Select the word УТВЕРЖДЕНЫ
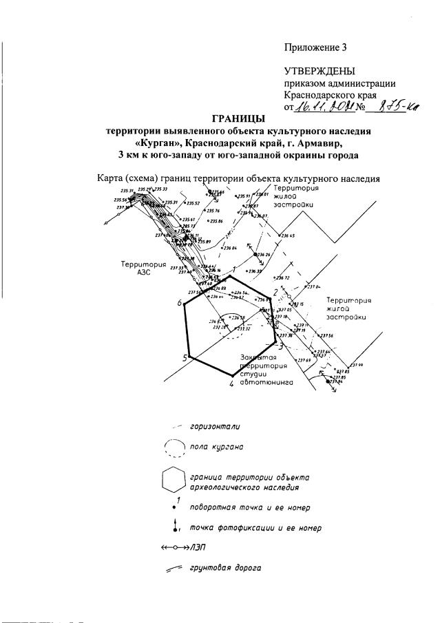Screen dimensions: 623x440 click(x=319, y=72)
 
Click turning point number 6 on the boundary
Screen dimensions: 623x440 click(x=179, y=304)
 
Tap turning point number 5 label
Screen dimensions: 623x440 click(x=185, y=357)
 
